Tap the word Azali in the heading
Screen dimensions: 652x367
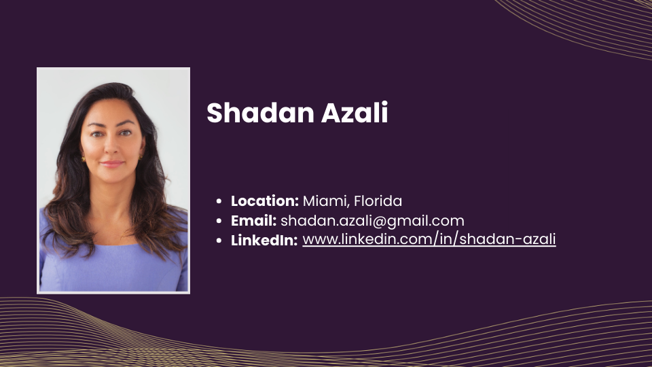pos(355,112)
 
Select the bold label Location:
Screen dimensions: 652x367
pos(265,201)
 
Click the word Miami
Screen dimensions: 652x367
pos(325,201)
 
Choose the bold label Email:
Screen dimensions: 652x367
pos(253,220)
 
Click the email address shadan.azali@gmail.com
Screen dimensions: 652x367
pos(372,221)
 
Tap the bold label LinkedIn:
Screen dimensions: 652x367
pos(264,240)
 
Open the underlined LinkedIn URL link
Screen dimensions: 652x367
pos(429,239)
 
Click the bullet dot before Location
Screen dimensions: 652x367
pos(219,201)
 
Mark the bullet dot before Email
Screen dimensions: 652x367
pos(219,221)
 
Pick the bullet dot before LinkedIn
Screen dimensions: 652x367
pos(219,241)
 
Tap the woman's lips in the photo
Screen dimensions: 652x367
pos(112,164)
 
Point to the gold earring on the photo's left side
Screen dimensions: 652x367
pos(83,159)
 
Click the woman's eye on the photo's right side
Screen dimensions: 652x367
pos(126,133)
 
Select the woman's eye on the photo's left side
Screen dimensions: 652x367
pos(97,134)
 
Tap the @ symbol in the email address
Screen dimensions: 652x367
pos(379,222)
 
